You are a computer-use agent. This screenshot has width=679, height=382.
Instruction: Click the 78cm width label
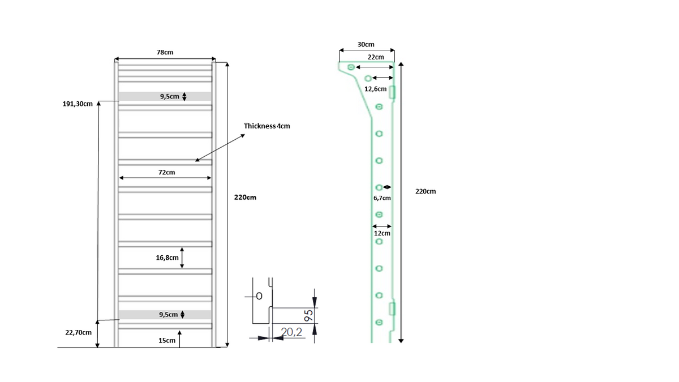(x=165, y=52)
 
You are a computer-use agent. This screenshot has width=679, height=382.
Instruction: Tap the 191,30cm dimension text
(x=78, y=104)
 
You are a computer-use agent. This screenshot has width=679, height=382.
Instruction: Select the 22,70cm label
(x=78, y=333)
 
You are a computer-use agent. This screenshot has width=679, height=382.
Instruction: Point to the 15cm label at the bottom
(x=167, y=341)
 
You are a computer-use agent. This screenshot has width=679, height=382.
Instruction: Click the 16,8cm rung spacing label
(x=167, y=257)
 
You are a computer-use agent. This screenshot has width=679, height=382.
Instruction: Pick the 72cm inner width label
(x=167, y=172)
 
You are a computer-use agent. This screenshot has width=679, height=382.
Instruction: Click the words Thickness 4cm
(x=267, y=126)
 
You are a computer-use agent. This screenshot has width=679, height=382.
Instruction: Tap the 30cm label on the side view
(x=366, y=44)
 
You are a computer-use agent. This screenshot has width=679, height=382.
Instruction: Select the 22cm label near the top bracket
(x=376, y=57)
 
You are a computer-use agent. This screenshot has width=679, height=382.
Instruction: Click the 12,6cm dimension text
(x=375, y=89)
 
